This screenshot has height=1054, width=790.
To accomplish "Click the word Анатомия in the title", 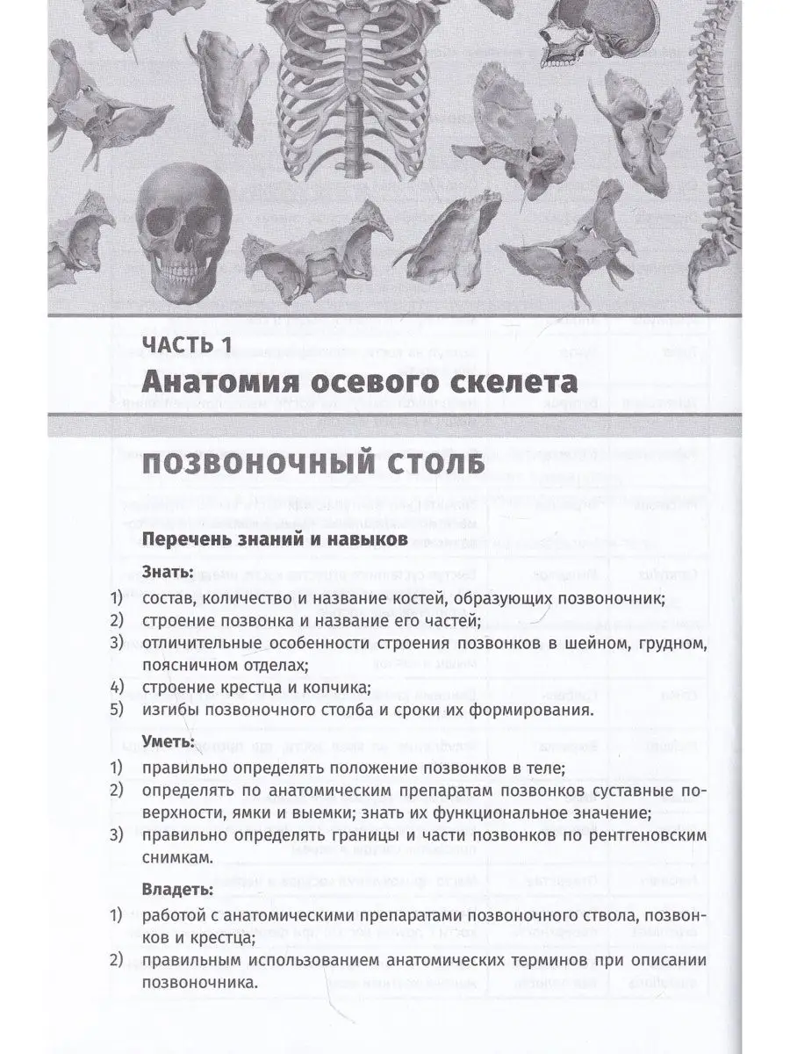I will point(233,384).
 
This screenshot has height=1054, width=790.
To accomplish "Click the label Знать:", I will point(168,572).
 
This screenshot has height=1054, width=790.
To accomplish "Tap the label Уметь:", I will point(169,742).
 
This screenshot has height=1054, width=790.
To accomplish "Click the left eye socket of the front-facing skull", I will point(166,220).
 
